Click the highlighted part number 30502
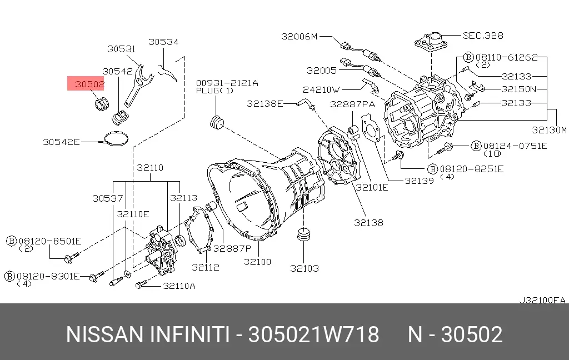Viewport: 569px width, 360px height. tap(89, 84)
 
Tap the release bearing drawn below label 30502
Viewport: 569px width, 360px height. tap(102, 104)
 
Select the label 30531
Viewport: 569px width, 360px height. tap(121, 49)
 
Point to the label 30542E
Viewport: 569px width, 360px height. tap(61, 142)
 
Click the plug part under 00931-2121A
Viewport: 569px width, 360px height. tap(217, 122)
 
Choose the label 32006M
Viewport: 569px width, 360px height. tap(300, 36)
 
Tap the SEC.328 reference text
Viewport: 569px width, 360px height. tap(483, 36)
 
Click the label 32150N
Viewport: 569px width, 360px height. tap(519, 89)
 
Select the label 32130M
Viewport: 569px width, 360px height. tap(549, 130)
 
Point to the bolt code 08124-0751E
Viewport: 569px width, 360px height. tap(515, 146)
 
